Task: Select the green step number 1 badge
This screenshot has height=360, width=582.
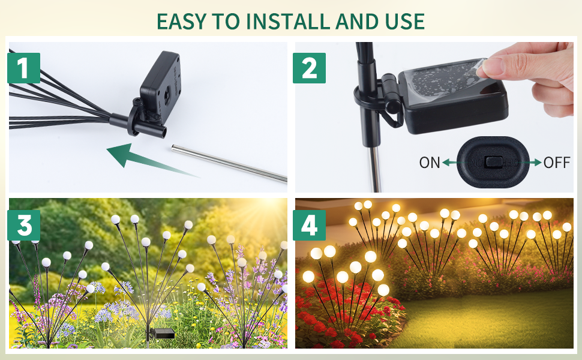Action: coord(24,68)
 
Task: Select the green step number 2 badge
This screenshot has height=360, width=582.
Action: coord(309,68)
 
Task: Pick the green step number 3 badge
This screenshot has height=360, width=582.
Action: coord(24,225)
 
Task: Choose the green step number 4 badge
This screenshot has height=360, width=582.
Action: coord(309,225)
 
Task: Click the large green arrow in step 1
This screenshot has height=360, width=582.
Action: coord(148,160)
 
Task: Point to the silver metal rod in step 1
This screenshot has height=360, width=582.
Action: coord(229,164)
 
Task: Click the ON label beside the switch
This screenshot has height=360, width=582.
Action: coord(430,163)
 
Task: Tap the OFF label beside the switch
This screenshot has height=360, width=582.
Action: coord(557,163)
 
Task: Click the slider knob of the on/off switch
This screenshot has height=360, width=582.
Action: coord(494,163)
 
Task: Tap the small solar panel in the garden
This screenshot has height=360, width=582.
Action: coord(163,333)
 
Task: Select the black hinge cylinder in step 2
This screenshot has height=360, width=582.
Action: coord(390,93)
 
